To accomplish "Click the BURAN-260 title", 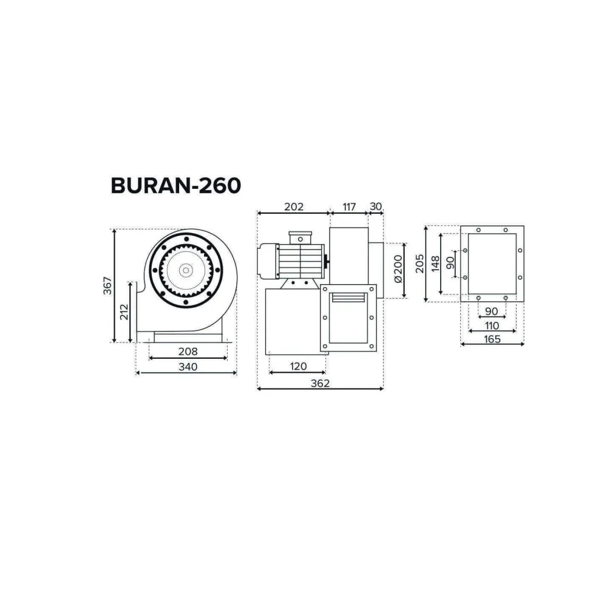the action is tap(176, 185).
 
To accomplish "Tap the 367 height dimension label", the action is tap(107, 285).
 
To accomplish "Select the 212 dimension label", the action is tap(124, 312).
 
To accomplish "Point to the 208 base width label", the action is tap(188, 351).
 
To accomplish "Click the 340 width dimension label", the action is tap(188, 366).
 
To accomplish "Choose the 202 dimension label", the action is tap(294, 207).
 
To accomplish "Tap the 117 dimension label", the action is tap(349, 207).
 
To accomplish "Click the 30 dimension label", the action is tap(376, 206).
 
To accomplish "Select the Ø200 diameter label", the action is tap(398, 269).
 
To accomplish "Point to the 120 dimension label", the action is tap(298, 366).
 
